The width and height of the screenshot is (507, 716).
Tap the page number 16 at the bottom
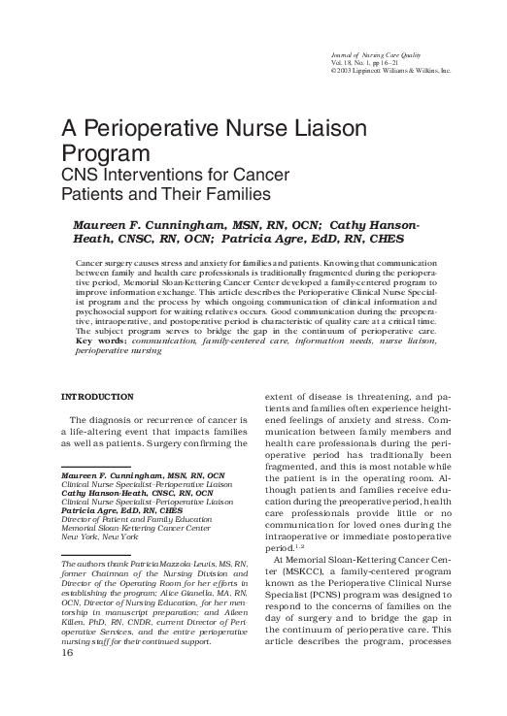(x=69, y=679)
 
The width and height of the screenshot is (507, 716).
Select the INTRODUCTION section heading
(x=97, y=398)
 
